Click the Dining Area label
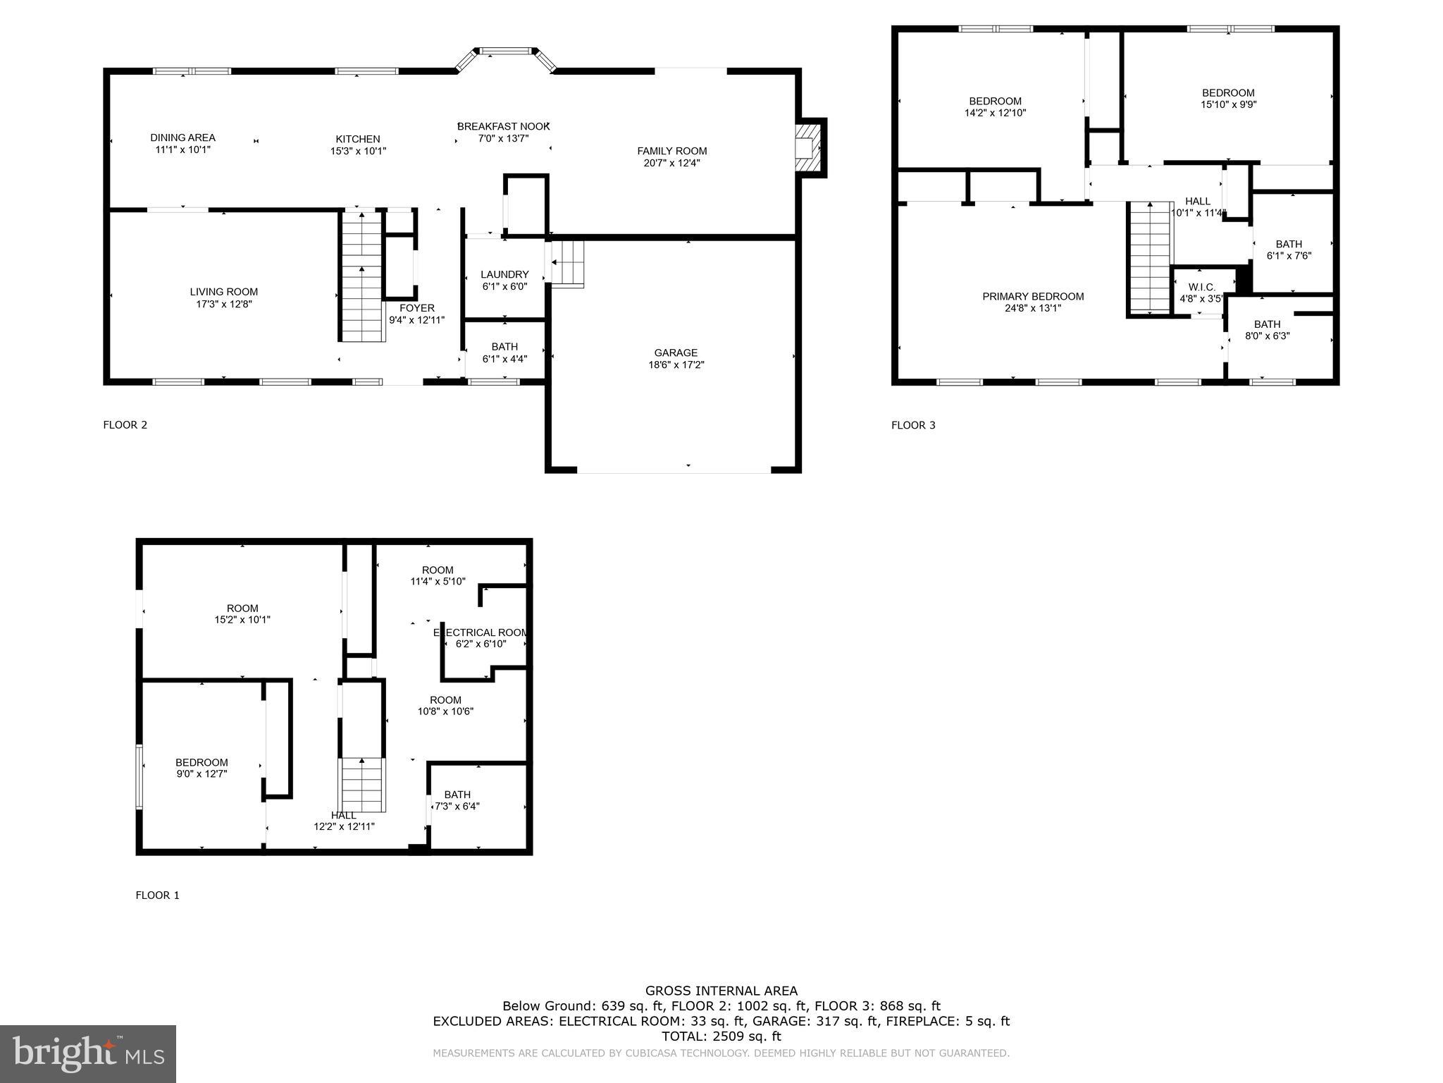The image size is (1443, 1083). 182,138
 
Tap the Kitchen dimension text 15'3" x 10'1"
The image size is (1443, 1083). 358,151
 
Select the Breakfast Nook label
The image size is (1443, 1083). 503,126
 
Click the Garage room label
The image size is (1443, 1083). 676,353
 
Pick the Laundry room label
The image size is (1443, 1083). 504,274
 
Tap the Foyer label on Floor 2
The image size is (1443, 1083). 416,308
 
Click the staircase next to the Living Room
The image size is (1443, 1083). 362,277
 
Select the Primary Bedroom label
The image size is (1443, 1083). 1033,296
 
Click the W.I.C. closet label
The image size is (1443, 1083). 1201,287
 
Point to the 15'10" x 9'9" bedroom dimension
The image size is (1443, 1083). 1228,104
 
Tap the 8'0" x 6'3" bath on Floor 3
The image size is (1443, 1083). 1267,330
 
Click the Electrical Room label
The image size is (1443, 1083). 481,632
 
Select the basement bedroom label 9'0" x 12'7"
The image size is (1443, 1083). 202,768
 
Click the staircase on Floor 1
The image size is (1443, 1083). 362,785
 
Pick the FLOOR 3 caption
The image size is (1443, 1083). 913,425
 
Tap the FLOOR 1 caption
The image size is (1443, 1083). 157,895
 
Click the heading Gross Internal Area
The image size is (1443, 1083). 721,991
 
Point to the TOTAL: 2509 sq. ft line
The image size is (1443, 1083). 721,1036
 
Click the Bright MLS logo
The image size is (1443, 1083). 88,1053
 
